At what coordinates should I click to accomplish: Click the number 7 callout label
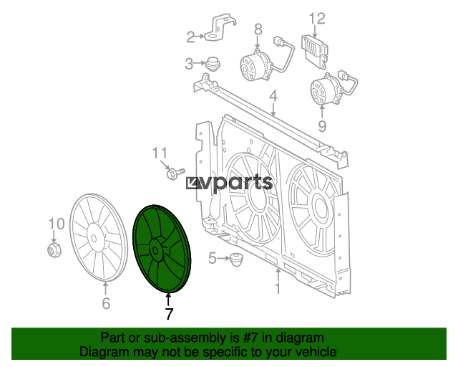169,314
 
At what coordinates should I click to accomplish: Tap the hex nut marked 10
54,249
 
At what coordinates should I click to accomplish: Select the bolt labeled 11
175,173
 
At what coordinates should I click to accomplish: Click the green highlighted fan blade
162,249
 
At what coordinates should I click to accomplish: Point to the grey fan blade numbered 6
99,237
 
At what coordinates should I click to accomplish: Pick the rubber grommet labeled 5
237,259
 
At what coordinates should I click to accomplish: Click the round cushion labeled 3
213,64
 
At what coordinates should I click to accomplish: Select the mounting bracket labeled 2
220,28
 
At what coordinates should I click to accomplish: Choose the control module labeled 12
315,52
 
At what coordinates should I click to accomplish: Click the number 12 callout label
317,19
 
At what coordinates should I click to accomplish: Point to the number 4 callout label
273,96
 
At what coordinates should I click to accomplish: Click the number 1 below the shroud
278,288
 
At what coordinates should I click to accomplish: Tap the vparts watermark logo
229,183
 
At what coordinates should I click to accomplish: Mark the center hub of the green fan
156,250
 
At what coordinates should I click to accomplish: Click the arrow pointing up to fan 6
105,289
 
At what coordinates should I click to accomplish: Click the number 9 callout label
322,126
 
